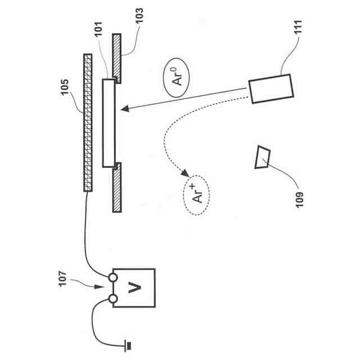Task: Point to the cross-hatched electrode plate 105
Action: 87,123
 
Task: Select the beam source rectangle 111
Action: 270,89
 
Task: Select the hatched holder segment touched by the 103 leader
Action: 116,56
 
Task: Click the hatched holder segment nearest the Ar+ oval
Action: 116,188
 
